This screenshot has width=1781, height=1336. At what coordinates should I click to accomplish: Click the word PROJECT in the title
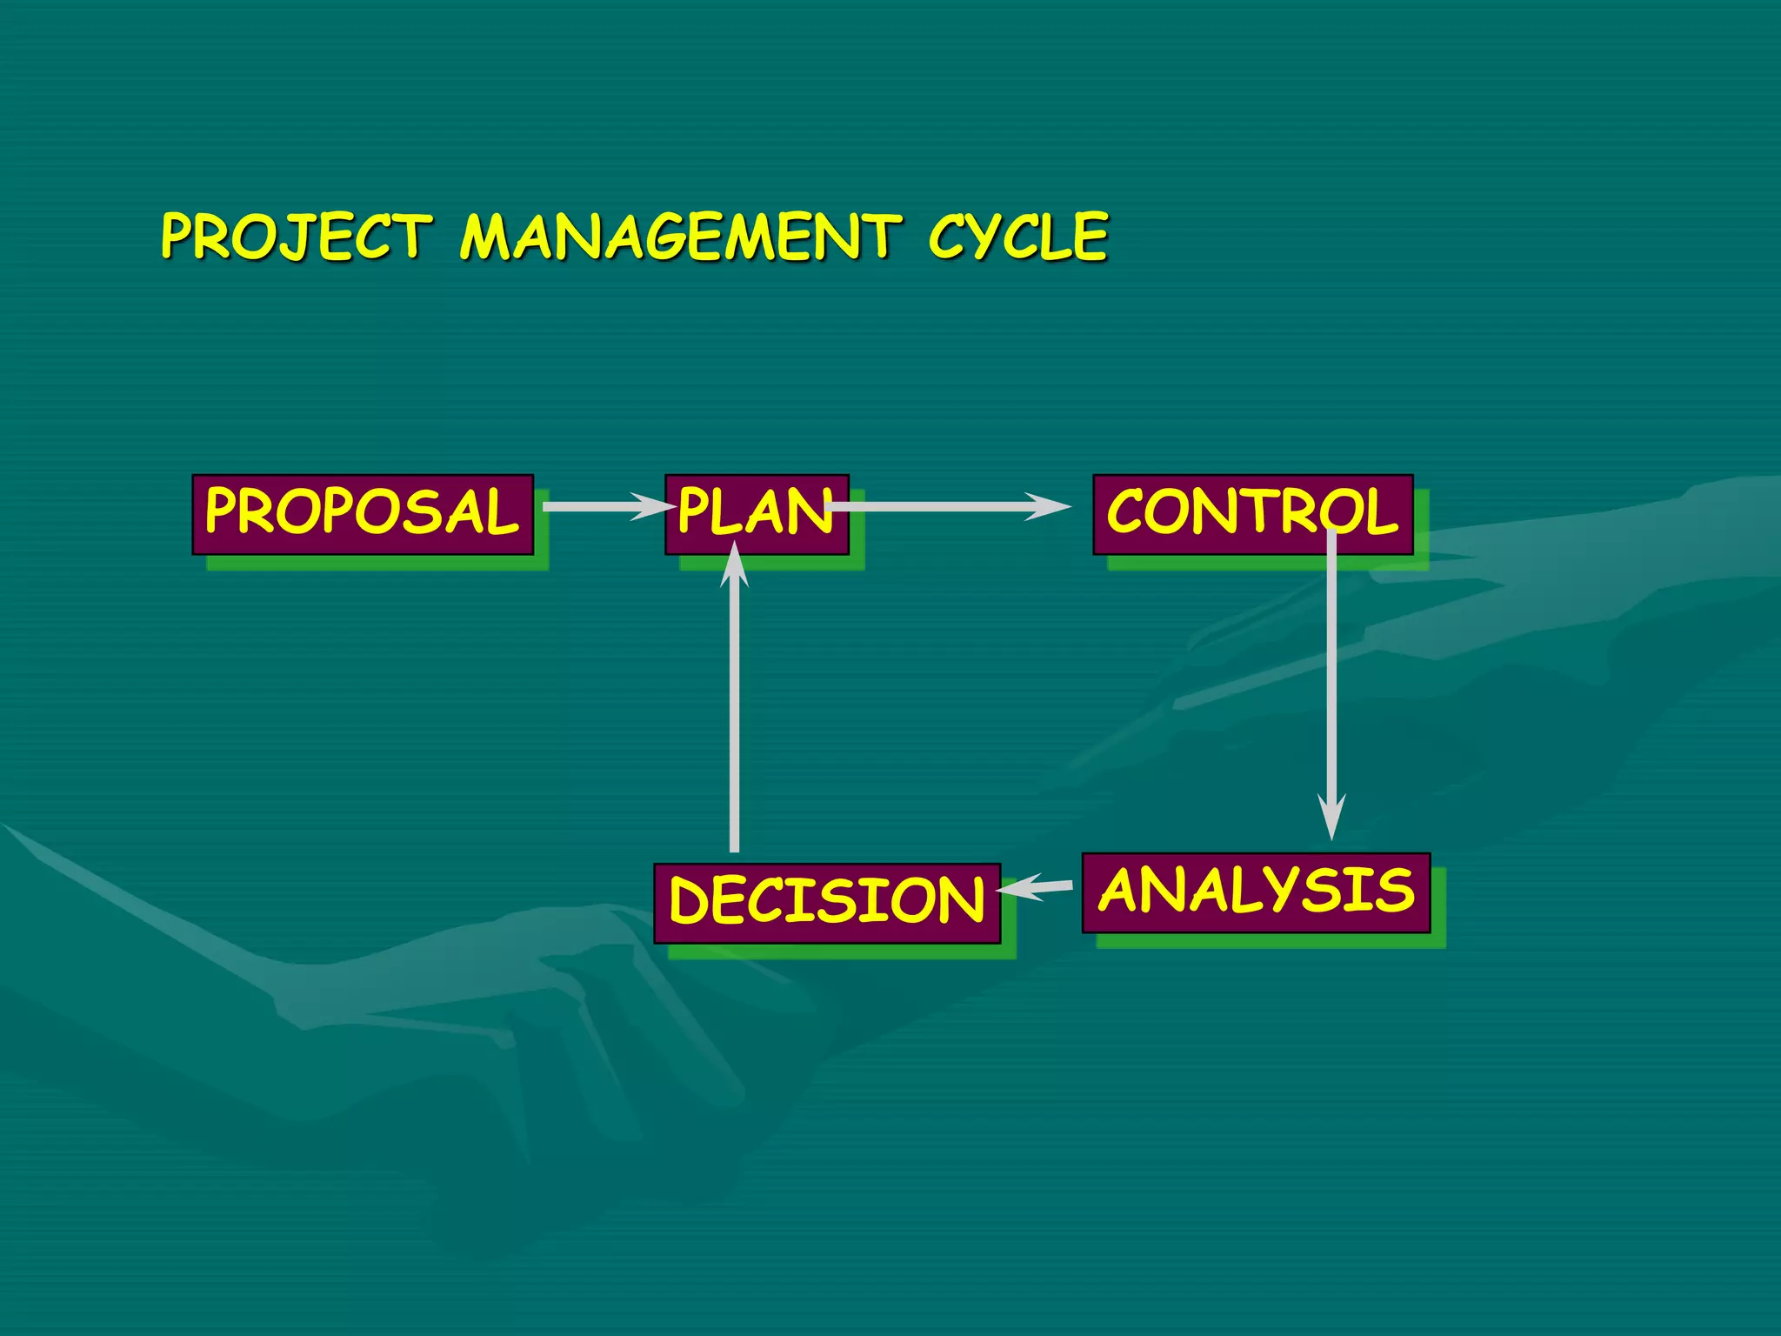click(x=296, y=237)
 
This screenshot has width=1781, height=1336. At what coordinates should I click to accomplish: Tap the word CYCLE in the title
click(x=1017, y=237)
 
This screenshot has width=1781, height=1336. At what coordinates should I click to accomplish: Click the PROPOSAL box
click(x=363, y=514)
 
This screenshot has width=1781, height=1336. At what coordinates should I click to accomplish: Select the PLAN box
click(x=756, y=514)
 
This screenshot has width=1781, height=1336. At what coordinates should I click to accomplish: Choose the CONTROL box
click(x=1252, y=514)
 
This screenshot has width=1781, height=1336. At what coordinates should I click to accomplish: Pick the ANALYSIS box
click(x=1256, y=892)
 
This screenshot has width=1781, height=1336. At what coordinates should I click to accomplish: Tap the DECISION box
click(x=827, y=903)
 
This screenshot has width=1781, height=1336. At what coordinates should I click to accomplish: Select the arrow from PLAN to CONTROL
click(x=948, y=506)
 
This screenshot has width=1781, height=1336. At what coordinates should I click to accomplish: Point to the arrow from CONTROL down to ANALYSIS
click(x=1331, y=678)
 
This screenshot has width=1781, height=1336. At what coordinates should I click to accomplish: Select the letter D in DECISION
click(x=688, y=901)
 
